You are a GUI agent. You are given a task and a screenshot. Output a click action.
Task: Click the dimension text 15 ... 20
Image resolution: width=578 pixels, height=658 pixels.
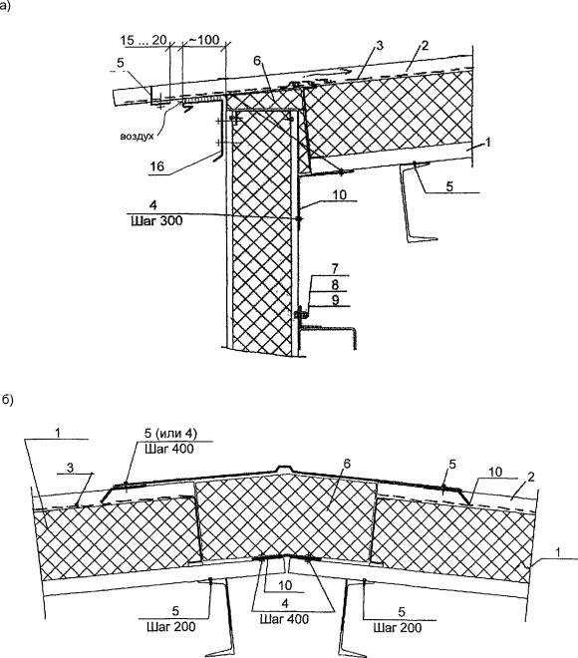click(x=144, y=40)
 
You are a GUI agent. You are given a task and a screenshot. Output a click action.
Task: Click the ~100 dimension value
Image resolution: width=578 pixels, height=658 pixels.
click(x=204, y=40)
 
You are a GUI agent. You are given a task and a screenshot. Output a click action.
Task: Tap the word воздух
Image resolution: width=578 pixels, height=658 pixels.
click(x=138, y=137)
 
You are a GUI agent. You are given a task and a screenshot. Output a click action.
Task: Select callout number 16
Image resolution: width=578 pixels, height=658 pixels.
click(x=156, y=166)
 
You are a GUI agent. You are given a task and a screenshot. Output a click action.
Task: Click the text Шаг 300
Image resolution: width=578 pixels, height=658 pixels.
click(x=156, y=220)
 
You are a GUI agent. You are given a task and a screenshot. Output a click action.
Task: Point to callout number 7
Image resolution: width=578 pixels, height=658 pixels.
click(x=335, y=268)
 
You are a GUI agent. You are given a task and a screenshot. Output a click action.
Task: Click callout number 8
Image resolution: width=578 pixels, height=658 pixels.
click(x=335, y=284)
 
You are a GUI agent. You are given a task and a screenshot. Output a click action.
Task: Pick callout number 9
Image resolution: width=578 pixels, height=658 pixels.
click(x=335, y=300)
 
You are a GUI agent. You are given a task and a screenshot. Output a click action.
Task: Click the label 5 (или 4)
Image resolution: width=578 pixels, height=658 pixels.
click(x=170, y=433)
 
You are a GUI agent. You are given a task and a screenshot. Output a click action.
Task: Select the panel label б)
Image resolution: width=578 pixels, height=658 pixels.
click(x=8, y=400)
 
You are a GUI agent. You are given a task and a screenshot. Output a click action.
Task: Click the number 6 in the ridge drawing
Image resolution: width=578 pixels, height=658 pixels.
click(x=347, y=464)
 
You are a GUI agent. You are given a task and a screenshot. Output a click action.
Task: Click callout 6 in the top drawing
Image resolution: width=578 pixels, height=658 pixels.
click(x=257, y=61)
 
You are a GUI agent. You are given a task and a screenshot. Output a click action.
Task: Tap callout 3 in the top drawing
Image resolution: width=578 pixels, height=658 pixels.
click(x=380, y=45)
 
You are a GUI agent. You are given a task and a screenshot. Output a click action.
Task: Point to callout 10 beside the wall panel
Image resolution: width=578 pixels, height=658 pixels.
click(x=340, y=194)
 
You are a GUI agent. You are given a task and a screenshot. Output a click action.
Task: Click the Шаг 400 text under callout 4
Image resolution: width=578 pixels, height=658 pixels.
click(x=284, y=619)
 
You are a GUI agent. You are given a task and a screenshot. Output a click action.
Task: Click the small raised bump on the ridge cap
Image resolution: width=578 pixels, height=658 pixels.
click(x=285, y=469)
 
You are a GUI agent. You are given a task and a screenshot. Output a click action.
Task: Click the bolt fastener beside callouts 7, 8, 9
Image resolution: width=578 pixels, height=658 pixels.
click(x=300, y=313)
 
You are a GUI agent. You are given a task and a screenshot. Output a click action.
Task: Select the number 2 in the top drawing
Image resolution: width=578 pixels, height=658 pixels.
click(x=425, y=45)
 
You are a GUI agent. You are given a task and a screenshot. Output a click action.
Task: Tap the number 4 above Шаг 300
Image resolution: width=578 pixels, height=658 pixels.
click(x=153, y=205)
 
